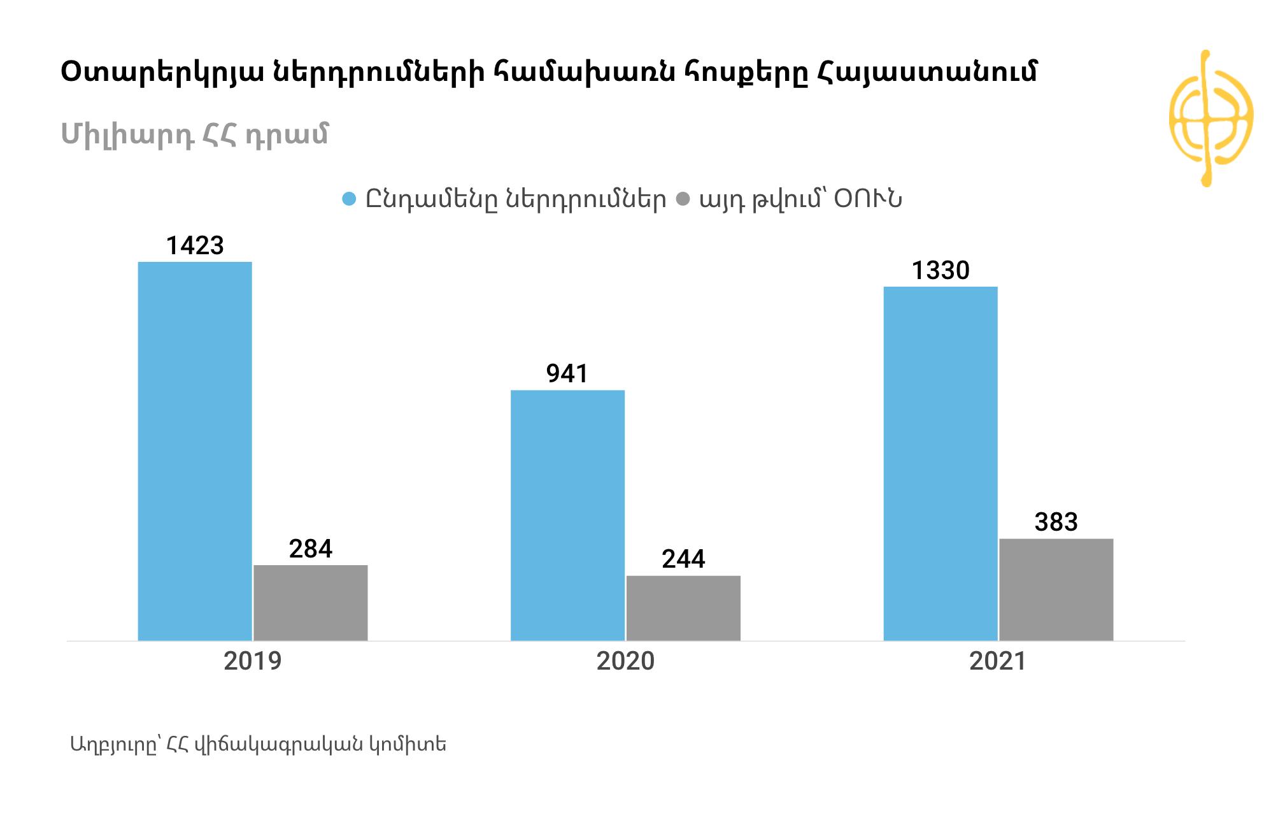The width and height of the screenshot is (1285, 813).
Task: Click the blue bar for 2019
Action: click(195, 451)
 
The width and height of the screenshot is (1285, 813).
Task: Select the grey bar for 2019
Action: click(311, 603)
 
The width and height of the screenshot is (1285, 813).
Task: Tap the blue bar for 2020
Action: click(567, 515)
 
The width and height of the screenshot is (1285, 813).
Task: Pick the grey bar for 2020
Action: click(683, 608)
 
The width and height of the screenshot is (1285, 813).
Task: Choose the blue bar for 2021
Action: click(941, 463)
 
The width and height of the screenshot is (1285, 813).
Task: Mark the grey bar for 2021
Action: click(1056, 589)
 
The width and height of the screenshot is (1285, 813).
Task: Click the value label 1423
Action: click(195, 246)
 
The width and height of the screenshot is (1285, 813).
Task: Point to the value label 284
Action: click(311, 549)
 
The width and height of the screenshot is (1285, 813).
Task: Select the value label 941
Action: click(567, 374)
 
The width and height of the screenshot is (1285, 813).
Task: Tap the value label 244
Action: click(683, 559)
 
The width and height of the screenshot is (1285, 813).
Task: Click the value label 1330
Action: click(941, 271)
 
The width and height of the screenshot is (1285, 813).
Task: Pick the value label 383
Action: click(1056, 522)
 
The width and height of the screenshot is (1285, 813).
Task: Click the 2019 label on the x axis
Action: click(253, 661)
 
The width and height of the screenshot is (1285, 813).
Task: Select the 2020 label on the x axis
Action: click(625, 661)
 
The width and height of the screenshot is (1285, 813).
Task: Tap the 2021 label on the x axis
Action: click(998, 661)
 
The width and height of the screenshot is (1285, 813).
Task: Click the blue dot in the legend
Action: click(349, 199)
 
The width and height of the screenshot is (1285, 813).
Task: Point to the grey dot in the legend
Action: click(683, 199)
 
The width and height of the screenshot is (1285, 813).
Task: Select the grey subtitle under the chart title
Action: click(194, 134)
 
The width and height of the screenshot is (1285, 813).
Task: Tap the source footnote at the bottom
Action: click(258, 744)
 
